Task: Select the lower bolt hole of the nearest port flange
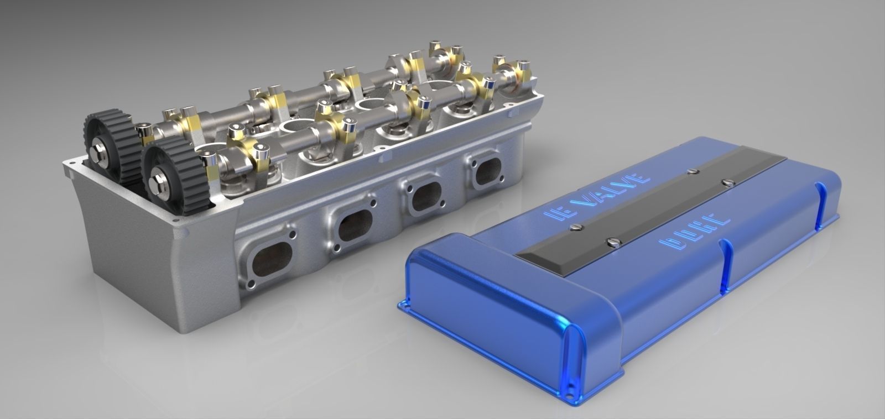(x=251, y=286)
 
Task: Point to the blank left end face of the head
(x=124, y=243)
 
